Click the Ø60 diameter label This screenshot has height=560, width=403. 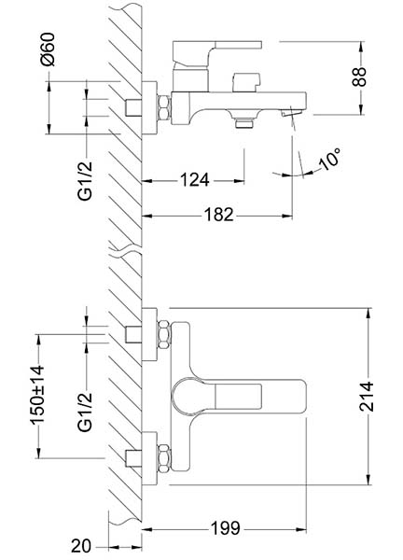click(x=49, y=49)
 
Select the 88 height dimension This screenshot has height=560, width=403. click(x=359, y=77)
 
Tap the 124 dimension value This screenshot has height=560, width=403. click(x=194, y=179)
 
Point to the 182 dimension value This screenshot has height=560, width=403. click(x=219, y=215)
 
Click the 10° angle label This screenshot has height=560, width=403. click(x=330, y=159)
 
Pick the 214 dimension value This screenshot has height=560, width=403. click(x=367, y=397)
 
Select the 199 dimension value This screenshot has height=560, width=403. click(x=225, y=528)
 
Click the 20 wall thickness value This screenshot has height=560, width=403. click(x=81, y=546)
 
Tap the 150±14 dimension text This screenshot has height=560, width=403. click(x=37, y=396)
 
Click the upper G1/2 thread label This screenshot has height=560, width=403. click(x=85, y=181)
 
